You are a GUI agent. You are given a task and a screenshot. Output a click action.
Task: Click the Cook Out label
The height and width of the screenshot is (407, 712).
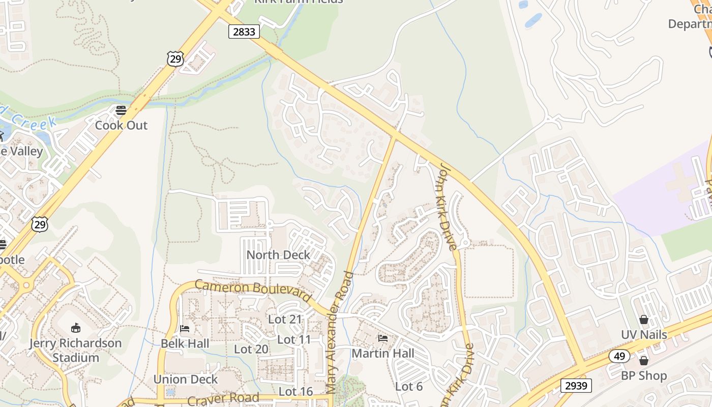121,125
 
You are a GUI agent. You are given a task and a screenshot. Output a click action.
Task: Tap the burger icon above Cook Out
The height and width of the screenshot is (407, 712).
121,110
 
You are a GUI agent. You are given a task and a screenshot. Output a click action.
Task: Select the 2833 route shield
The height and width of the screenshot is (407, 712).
244,32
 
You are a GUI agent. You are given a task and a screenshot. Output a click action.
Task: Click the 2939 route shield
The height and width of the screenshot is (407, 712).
577,386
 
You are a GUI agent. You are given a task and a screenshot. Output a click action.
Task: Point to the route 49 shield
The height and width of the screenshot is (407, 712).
619,356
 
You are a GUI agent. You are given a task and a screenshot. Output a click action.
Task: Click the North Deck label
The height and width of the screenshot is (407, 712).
278,255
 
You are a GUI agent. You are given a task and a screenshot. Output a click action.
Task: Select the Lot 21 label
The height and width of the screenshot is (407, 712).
285,319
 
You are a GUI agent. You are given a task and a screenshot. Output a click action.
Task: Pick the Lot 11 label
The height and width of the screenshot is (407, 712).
294,339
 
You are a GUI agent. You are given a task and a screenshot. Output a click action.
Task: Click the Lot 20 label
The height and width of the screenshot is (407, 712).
251,349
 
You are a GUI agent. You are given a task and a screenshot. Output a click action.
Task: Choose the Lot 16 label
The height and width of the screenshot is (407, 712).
295,391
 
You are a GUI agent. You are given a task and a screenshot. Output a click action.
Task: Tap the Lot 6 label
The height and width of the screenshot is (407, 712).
409,387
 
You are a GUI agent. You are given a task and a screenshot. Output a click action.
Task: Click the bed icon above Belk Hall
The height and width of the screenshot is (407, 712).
185,329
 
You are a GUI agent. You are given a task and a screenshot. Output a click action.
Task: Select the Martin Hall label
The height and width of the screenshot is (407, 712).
383,353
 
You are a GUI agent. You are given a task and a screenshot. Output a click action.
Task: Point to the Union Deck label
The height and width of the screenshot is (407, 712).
186,380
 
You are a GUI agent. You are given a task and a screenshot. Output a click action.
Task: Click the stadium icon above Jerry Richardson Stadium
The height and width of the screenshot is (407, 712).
75,328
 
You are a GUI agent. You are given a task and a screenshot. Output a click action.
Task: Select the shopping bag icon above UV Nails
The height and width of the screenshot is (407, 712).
644,319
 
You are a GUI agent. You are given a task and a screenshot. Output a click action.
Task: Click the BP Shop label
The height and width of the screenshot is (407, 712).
644,376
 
